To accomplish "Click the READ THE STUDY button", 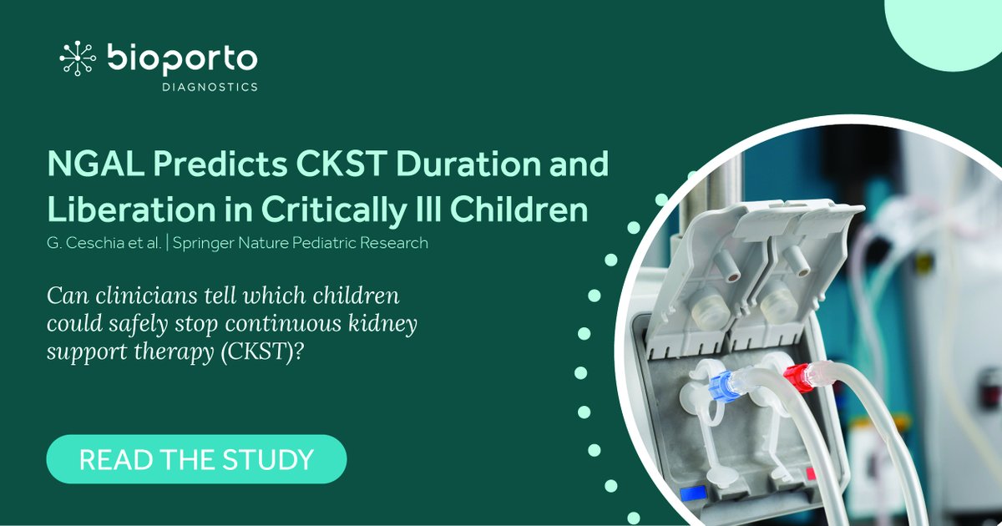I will click(196, 459).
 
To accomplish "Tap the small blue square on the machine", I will click(691, 494).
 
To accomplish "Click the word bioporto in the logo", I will click(182, 58).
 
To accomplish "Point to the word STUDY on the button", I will click(273, 459).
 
